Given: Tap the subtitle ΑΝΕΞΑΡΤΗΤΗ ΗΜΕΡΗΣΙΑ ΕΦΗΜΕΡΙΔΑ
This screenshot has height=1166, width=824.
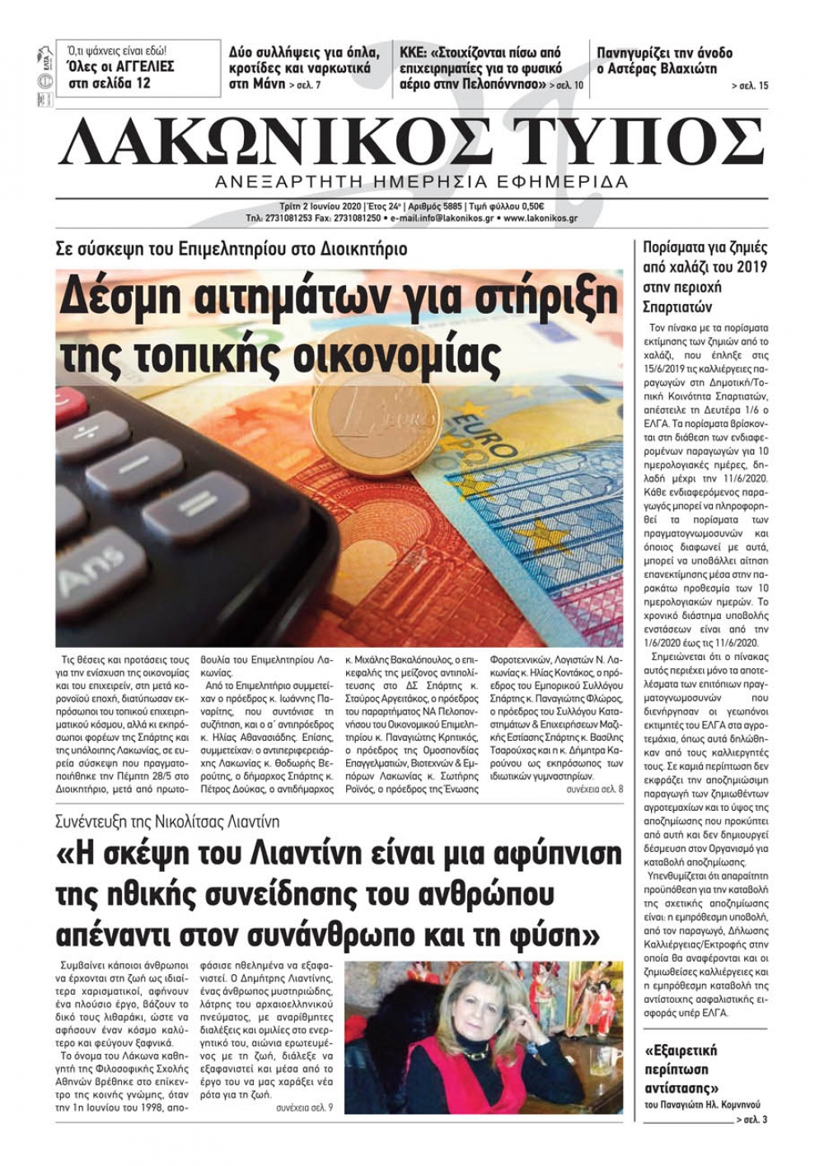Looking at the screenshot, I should tap(420, 182).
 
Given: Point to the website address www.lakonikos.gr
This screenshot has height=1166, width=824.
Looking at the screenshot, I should tap(540, 218).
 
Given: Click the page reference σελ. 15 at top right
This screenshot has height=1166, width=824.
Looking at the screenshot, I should tap(749, 86).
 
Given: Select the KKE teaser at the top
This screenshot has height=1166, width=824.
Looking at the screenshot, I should tap(491, 68).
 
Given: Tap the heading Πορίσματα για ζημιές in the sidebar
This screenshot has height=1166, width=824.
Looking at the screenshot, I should tap(705, 246).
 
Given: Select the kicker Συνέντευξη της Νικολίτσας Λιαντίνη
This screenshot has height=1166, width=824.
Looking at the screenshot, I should tap(167, 822).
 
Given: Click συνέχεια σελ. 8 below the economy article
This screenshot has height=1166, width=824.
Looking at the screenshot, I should tap(594, 789).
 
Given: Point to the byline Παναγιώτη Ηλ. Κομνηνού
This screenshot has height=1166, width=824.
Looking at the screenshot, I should tap(702, 1104).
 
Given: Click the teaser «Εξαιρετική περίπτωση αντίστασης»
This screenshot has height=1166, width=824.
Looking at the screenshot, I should tap(681, 1070).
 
